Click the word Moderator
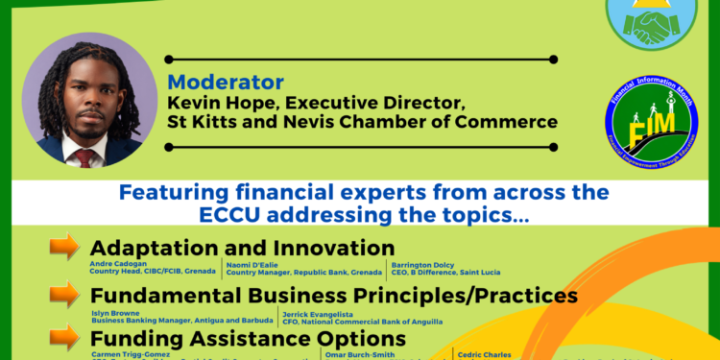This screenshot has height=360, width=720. (226, 83)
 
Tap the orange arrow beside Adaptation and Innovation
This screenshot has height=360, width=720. (64, 247)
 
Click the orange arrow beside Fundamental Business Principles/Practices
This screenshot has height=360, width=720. (64, 294)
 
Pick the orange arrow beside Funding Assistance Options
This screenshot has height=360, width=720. (64, 337)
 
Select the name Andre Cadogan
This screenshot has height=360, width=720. (117, 263)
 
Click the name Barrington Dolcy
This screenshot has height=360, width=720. (422, 263)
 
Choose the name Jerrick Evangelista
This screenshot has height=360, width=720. (317, 312)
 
